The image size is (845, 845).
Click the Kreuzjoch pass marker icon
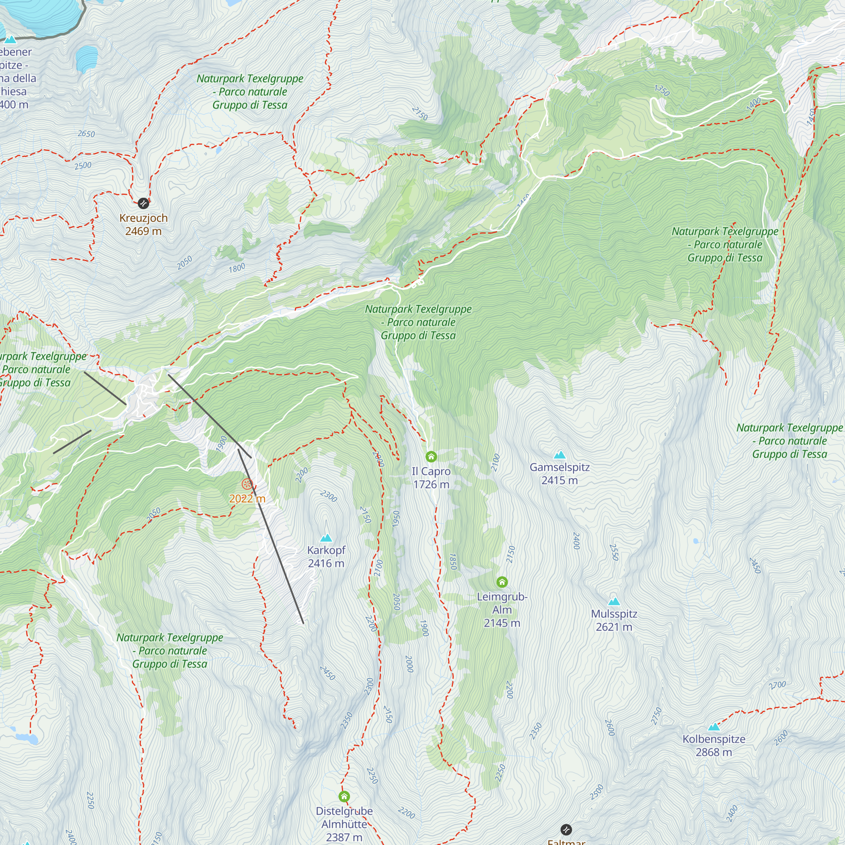tap(144, 203)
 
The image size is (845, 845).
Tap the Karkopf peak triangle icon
tap(326, 538)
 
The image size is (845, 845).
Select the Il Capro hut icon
tap(431, 457)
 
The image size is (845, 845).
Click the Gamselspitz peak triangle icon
tap(560, 455)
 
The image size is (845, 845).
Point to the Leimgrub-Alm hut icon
tap(502, 582)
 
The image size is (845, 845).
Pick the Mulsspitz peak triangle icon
tap(614, 601)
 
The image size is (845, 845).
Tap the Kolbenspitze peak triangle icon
tap(714, 727)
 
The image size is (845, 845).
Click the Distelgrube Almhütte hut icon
tap(344, 796)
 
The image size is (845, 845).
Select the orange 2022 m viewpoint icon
tap(247, 484)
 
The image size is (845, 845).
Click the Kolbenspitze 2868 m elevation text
tap(714, 752)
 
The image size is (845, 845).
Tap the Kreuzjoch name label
tap(144, 218)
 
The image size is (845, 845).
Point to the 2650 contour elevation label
tap(86, 134)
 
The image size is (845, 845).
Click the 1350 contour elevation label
tap(662, 90)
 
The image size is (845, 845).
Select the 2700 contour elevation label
tap(777, 685)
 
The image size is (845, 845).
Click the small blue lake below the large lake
tap(87, 58)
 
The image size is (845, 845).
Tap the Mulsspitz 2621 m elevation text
tap(614, 627)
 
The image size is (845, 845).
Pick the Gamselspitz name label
tap(560, 467)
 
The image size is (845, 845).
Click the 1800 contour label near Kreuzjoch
tap(237, 268)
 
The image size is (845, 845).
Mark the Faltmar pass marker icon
tap(566, 829)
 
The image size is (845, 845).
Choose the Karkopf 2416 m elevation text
tap(326, 563)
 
